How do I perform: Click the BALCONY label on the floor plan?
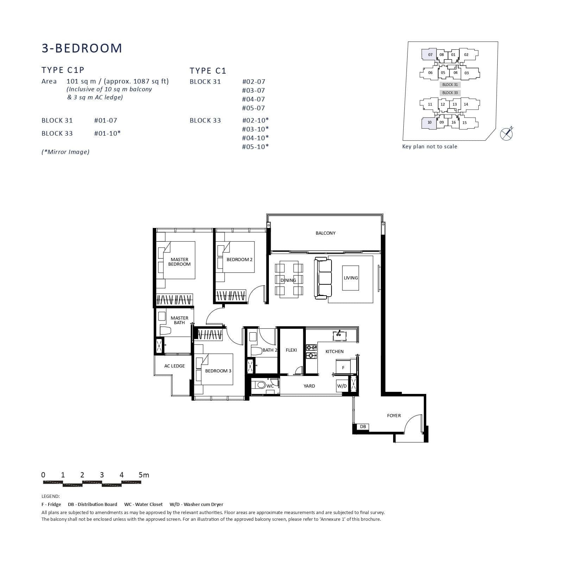(325, 233)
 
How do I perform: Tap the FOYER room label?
(393, 416)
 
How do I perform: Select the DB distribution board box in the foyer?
(363, 427)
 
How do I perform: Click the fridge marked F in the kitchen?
(343, 368)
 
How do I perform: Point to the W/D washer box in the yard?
(342, 386)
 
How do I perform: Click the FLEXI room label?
(291, 350)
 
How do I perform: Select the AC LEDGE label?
(174, 366)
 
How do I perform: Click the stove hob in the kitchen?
(311, 352)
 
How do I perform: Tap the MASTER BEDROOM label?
(179, 262)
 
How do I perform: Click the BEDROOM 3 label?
(218, 371)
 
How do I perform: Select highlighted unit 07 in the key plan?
(430, 55)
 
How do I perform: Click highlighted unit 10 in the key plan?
(429, 123)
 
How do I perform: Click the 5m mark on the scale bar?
(144, 475)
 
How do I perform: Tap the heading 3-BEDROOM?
(82, 48)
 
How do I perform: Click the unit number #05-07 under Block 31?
(253, 108)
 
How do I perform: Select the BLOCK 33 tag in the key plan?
(450, 93)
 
